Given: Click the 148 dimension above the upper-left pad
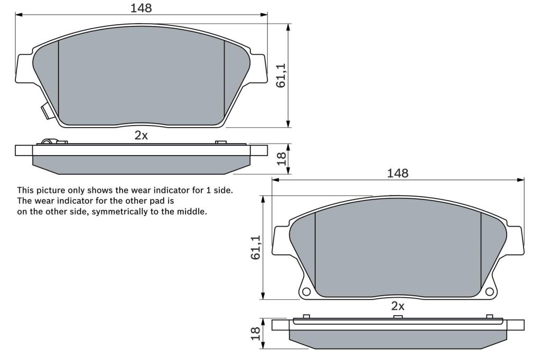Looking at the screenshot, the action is pos(141,7).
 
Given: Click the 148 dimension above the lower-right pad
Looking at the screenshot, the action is pos(397,173).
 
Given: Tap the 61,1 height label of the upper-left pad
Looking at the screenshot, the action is pos(281,75).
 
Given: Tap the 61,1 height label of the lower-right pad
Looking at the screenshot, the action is pos(256,248).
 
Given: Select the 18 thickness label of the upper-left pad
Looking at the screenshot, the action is pos(282,158).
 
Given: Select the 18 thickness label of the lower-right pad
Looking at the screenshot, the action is pos(256,334).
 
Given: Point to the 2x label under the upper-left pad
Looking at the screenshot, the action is pos(141,136).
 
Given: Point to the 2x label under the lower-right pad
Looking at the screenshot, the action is pos(398,306).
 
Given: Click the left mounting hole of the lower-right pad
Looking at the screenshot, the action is pos(306,292).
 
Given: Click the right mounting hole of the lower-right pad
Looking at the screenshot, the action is pos(489,292).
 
